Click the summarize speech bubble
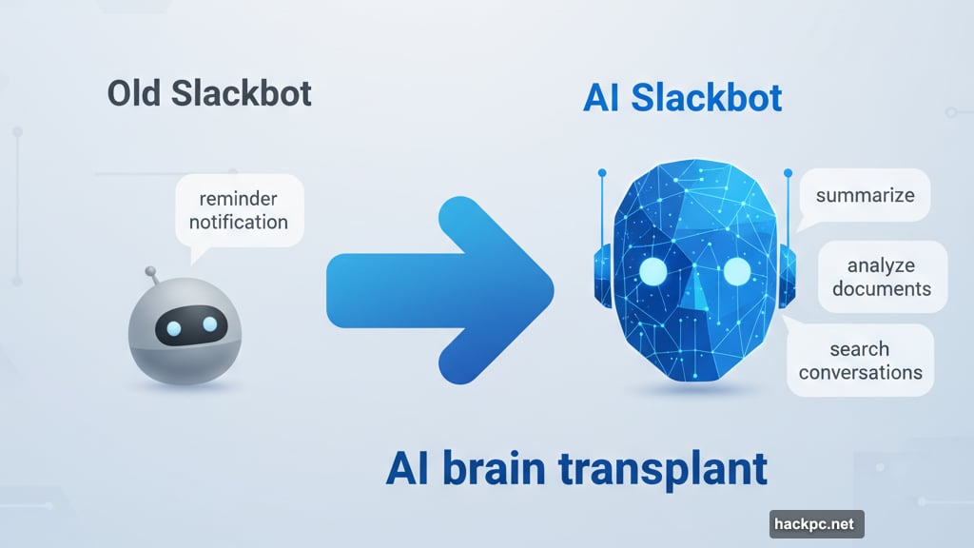pyautogui.click(x=865, y=195)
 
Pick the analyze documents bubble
pyautogui.click(x=882, y=277)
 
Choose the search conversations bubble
pyautogui.click(x=860, y=360)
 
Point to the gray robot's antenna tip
pyautogui.click(x=150, y=272)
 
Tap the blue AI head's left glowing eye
pyautogui.click(x=653, y=273)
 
